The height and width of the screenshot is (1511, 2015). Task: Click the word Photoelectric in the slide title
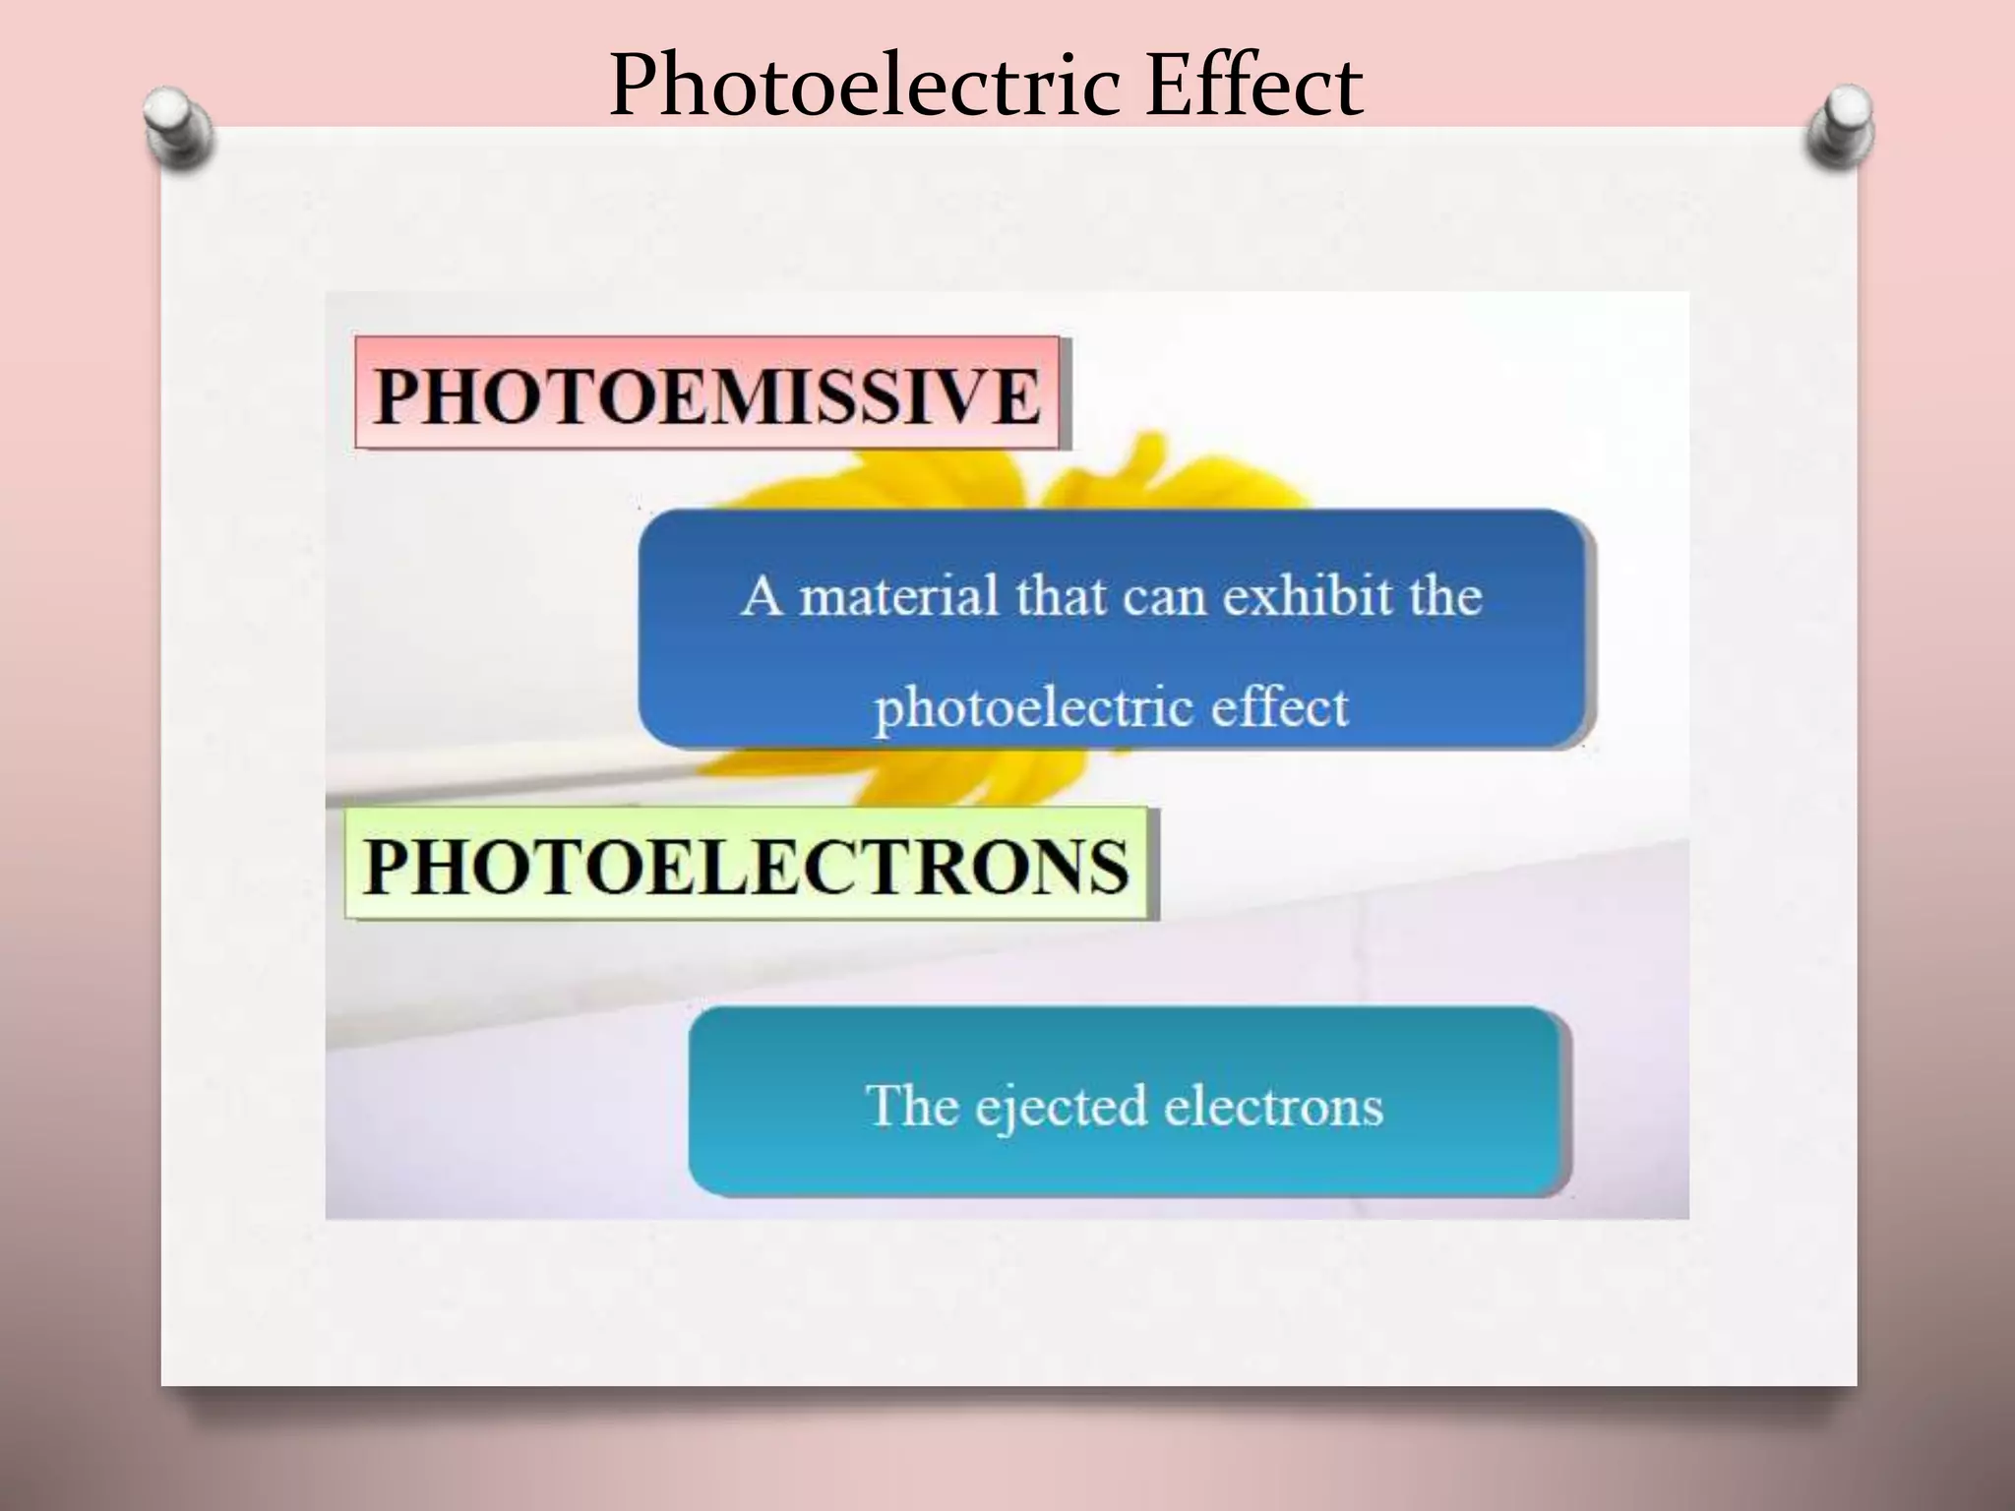point(864,87)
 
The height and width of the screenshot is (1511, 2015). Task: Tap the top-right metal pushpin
point(1840,128)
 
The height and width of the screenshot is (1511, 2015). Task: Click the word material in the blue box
point(898,597)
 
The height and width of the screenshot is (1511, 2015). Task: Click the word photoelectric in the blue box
point(1033,707)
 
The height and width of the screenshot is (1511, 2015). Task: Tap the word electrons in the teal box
point(1273,1105)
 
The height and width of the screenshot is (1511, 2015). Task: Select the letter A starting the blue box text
point(761,597)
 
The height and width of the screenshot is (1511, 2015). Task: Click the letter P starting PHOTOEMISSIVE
point(397,396)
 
